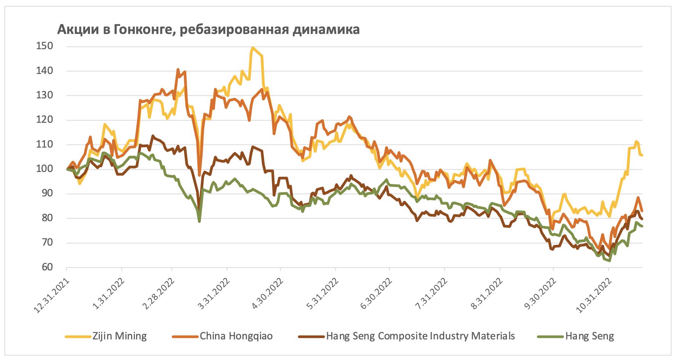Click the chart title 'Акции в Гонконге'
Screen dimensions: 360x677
point(208,29)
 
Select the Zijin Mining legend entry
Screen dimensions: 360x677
point(119,336)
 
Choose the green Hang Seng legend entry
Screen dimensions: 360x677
point(589,336)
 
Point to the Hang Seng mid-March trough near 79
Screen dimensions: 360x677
point(199,221)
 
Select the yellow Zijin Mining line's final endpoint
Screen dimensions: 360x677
point(642,155)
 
